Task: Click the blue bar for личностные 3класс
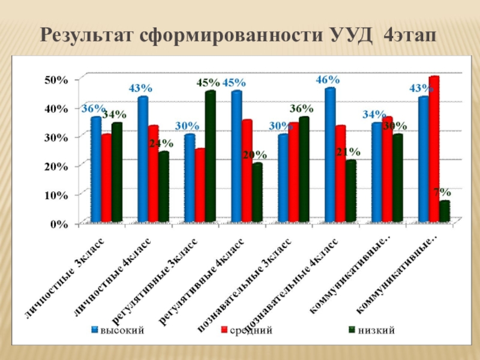[95, 171]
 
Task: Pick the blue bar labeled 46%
[329, 156]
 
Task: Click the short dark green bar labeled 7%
[443, 212]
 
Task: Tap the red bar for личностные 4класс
[153, 174]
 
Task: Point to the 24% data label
[161, 143]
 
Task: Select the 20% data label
[254, 155]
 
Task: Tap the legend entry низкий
[377, 330]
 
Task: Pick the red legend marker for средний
[224, 330]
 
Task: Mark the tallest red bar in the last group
[434, 150]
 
